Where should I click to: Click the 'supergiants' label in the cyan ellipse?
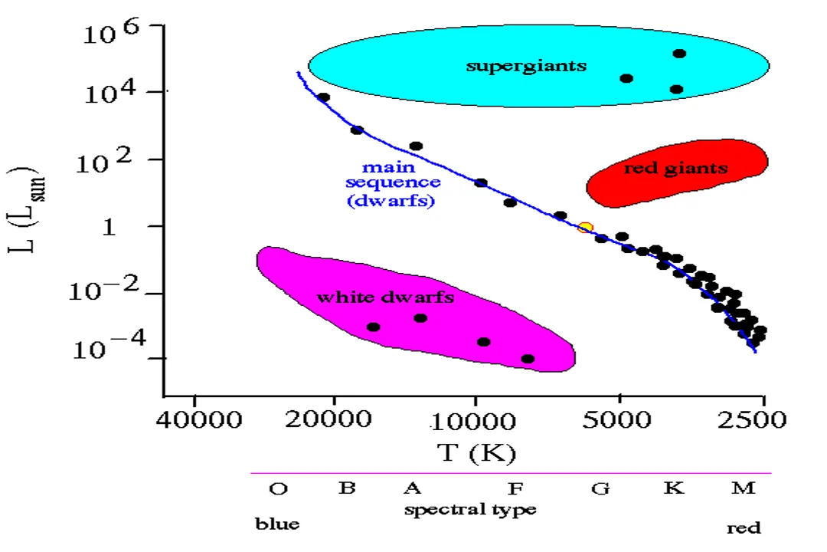(x=526, y=65)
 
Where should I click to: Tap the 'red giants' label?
(x=675, y=168)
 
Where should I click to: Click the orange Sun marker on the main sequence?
(x=585, y=228)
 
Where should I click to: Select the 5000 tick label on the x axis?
(x=619, y=421)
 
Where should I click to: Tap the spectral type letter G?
(x=600, y=488)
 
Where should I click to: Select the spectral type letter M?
(x=743, y=488)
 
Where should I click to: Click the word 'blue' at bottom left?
(x=277, y=525)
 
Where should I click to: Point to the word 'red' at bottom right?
(x=743, y=527)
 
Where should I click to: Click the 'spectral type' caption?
(x=470, y=509)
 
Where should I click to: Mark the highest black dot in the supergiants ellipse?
(x=679, y=53)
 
